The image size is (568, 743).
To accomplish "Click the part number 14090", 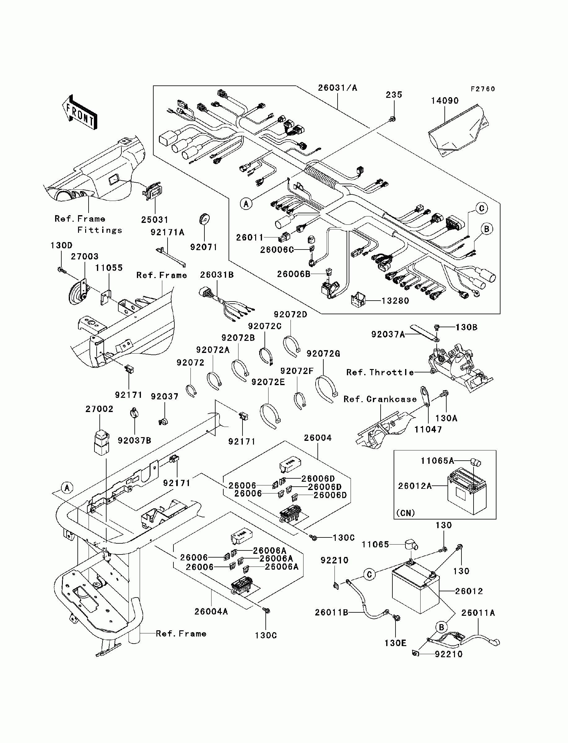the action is point(445,101).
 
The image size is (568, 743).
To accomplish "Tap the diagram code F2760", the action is point(483,89).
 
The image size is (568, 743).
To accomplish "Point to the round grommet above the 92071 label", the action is point(204,219).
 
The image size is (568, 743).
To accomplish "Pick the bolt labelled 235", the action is point(392,119).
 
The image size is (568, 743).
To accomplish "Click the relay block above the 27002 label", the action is point(102,442).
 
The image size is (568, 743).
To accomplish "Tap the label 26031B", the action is point(217,275).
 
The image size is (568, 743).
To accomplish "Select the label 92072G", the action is point(323,354).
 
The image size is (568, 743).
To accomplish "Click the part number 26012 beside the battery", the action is point(469,591).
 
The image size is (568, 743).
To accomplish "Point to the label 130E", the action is point(395,643).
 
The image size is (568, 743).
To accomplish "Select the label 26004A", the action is point(211,611).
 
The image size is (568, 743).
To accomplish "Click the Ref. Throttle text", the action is point(380,372).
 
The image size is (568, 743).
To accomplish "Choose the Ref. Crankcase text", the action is point(380,399).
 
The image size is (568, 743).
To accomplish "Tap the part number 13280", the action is point(395,301).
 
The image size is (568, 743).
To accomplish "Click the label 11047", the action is point(428,429).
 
